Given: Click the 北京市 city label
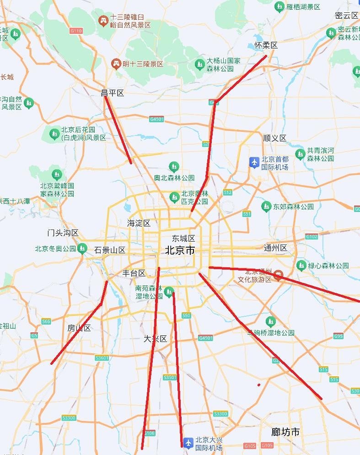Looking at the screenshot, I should point(180,250).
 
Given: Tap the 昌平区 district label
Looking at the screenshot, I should point(113,93).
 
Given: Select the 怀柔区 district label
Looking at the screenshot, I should point(266,45).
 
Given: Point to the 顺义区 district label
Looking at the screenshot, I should point(274,138).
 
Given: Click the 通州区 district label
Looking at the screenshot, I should point(275,248).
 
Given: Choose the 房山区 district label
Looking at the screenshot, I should point(79,328).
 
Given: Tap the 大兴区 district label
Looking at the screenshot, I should point(156,339).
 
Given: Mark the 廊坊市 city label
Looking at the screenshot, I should point(285,432).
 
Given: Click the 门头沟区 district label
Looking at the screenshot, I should point(63,233).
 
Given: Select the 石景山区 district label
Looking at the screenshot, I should point(110,250).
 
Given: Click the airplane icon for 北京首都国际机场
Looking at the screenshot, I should point(254,162).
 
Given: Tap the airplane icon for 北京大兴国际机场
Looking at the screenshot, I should point(188,443).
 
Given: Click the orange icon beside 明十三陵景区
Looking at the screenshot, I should point(116,64).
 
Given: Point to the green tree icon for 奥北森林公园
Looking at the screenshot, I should point(173,166).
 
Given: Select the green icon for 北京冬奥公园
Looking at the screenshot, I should point(82,249).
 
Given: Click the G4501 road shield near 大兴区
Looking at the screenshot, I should point(206,338).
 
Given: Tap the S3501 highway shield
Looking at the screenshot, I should point(170,378).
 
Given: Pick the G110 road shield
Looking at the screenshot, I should point(76,31).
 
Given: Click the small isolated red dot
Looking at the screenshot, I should point(259,385).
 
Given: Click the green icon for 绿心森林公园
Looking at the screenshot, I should point(301,265).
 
